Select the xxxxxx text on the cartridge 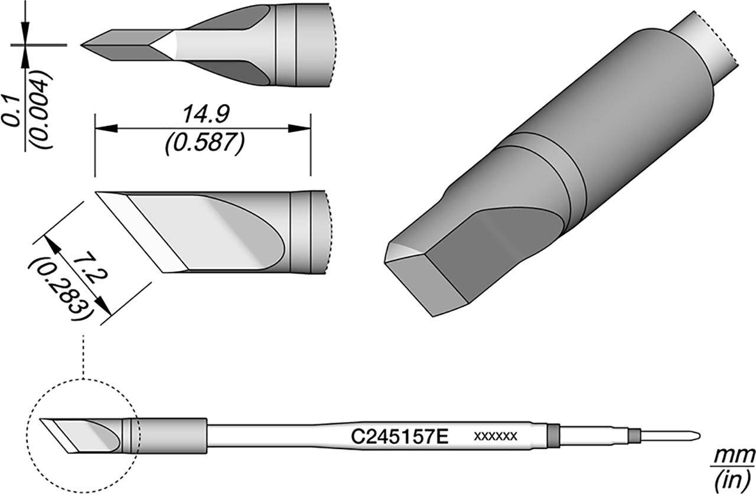click(x=496, y=437)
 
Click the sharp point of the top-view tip click(x=83, y=44)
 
